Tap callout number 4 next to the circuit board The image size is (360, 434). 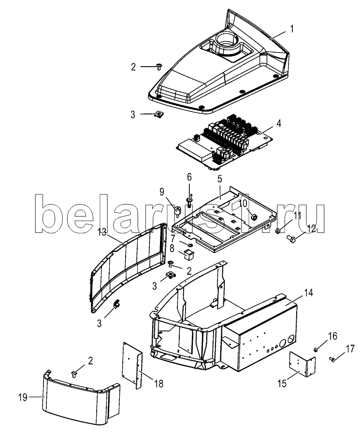[x=279, y=123]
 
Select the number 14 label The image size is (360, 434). [x=308, y=293]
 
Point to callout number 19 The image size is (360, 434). [x=23, y=398]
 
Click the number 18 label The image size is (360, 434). [x=159, y=384]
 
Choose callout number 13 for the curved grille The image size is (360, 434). [x=102, y=232]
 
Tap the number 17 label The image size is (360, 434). [x=350, y=349]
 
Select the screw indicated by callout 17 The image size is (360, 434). [x=332, y=359]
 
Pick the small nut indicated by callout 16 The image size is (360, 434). [x=316, y=350]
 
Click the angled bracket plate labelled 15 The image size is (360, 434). [x=302, y=364]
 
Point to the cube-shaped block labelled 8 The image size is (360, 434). [x=188, y=254]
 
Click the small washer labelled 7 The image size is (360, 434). [x=189, y=245]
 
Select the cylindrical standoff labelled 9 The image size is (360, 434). [x=177, y=211]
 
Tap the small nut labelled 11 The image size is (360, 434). [x=277, y=231]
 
